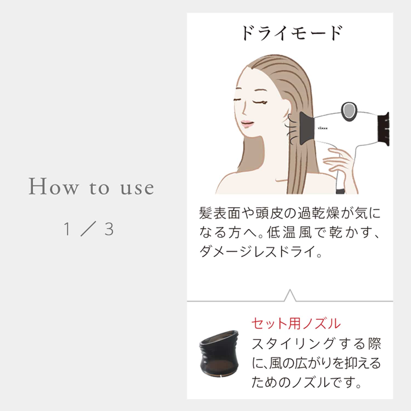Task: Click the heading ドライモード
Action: tap(292, 33)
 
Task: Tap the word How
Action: tap(53, 187)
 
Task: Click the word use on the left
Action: tap(137, 188)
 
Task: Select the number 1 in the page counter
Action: tap(67, 229)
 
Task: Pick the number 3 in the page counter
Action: tap(109, 229)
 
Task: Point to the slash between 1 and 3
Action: tap(88, 229)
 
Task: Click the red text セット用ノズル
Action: tap(296, 324)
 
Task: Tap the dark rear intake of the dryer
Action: tap(384, 129)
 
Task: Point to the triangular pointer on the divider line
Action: tap(290, 296)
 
